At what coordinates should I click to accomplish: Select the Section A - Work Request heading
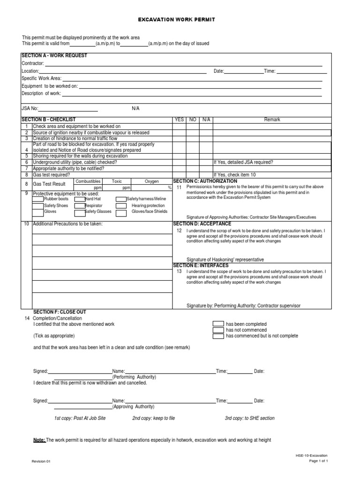tap(54, 56)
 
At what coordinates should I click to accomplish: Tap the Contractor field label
tap(33, 63)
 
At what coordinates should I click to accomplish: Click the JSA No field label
tap(30, 108)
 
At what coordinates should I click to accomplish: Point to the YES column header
tap(180, 120)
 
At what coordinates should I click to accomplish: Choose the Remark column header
tap(272, 120)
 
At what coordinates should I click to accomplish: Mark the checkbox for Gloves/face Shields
tap(121, 212)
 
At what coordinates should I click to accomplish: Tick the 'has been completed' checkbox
tap(218, 324)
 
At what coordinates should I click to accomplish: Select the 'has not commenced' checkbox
tap(218, 330)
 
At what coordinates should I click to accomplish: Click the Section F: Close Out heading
tap(60, 312)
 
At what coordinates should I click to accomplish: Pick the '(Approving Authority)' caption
tap(133, 407)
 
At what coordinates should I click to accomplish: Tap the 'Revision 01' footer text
tap(41, 461)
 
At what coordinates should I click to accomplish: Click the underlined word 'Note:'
tap(39, 440)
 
